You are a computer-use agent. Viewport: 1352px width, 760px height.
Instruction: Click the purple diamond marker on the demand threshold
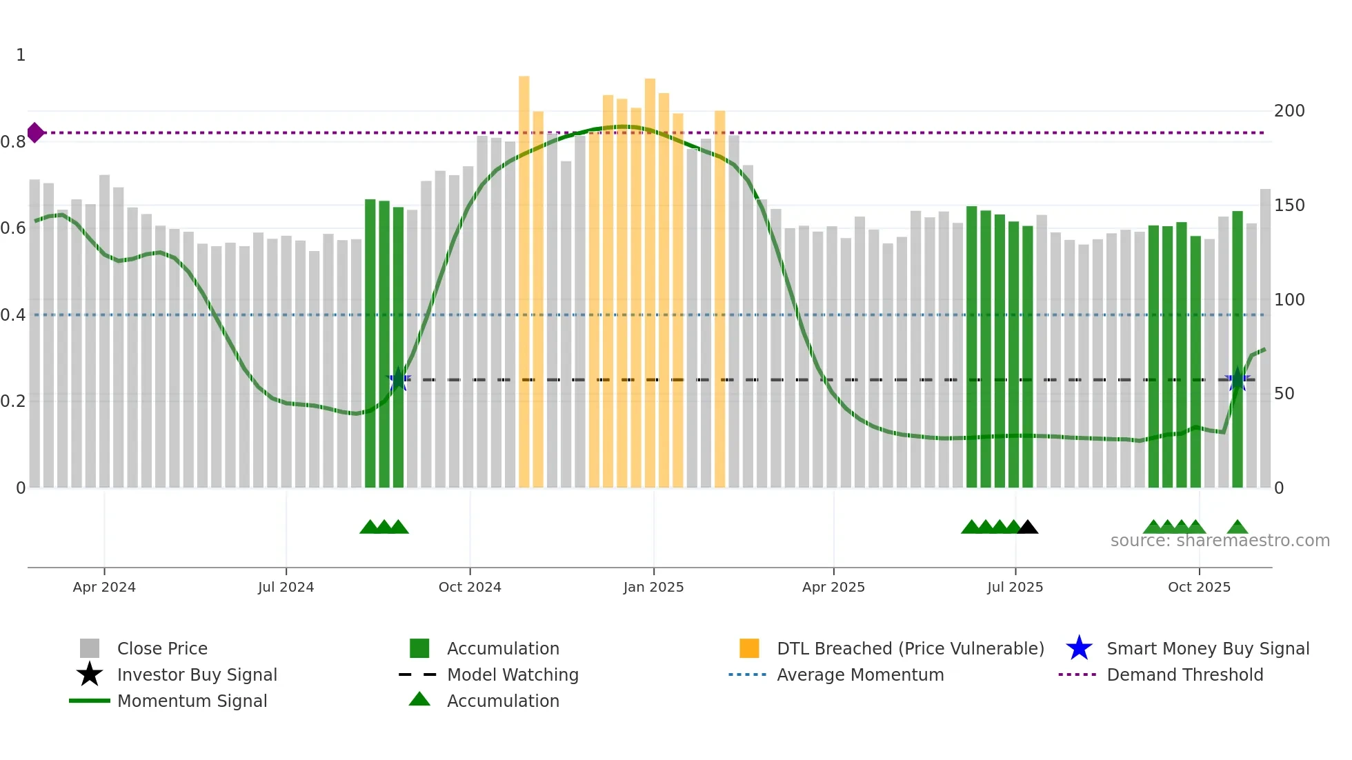35,132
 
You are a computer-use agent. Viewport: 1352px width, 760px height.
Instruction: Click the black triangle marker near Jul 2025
1028,528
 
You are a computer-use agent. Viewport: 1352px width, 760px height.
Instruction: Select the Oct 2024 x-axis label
470,587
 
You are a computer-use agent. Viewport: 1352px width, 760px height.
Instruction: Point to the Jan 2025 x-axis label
653,587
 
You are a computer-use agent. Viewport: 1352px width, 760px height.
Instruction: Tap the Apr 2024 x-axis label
104,587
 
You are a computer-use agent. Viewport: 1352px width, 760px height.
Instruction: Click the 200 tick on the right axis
1289,111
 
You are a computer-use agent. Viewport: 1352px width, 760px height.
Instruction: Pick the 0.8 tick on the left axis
13,142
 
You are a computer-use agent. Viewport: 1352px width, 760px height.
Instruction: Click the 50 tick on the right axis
1284,394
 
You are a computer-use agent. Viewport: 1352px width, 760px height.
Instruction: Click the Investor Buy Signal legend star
90,674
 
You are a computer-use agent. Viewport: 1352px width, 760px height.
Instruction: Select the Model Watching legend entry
513,674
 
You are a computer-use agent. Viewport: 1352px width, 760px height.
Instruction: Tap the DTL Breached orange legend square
749,648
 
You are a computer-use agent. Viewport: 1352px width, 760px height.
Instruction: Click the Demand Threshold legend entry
1184,674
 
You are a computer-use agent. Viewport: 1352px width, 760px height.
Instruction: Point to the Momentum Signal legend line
90,701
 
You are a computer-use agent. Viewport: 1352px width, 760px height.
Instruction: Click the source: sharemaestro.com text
1220,541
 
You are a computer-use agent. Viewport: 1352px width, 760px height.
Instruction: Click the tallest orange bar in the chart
524,276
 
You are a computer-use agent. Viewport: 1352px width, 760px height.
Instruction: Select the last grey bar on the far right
1265,338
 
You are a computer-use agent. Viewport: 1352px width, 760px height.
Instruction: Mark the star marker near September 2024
398,379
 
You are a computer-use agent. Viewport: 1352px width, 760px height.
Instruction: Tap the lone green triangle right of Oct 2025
1237,528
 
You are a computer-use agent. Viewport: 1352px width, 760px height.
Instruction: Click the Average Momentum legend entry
859,674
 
